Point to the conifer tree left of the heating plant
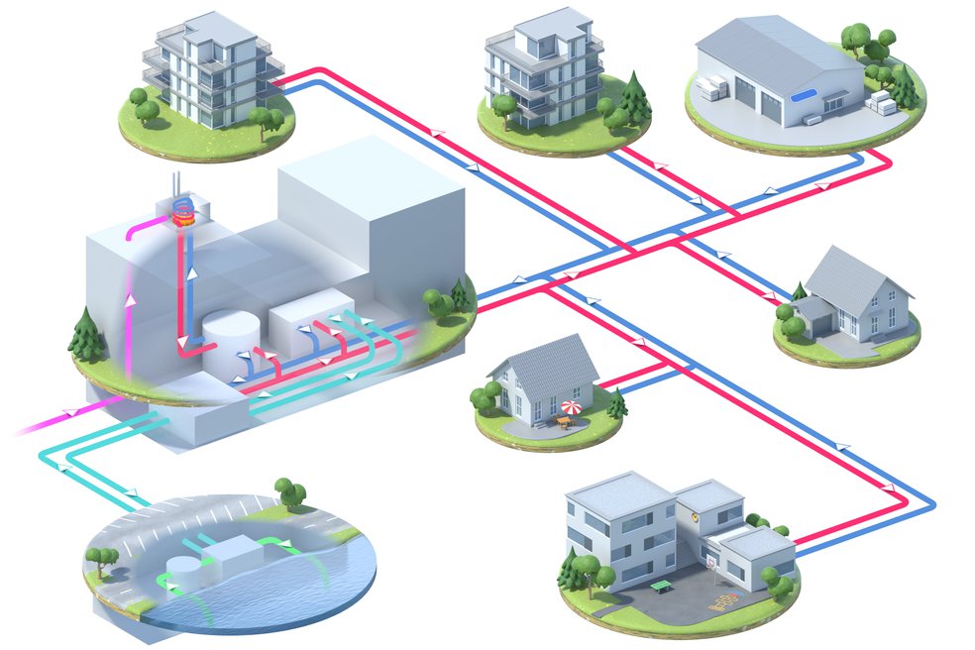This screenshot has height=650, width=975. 87,332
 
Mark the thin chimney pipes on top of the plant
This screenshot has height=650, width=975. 176,186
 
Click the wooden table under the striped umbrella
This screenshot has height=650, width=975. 565,422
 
